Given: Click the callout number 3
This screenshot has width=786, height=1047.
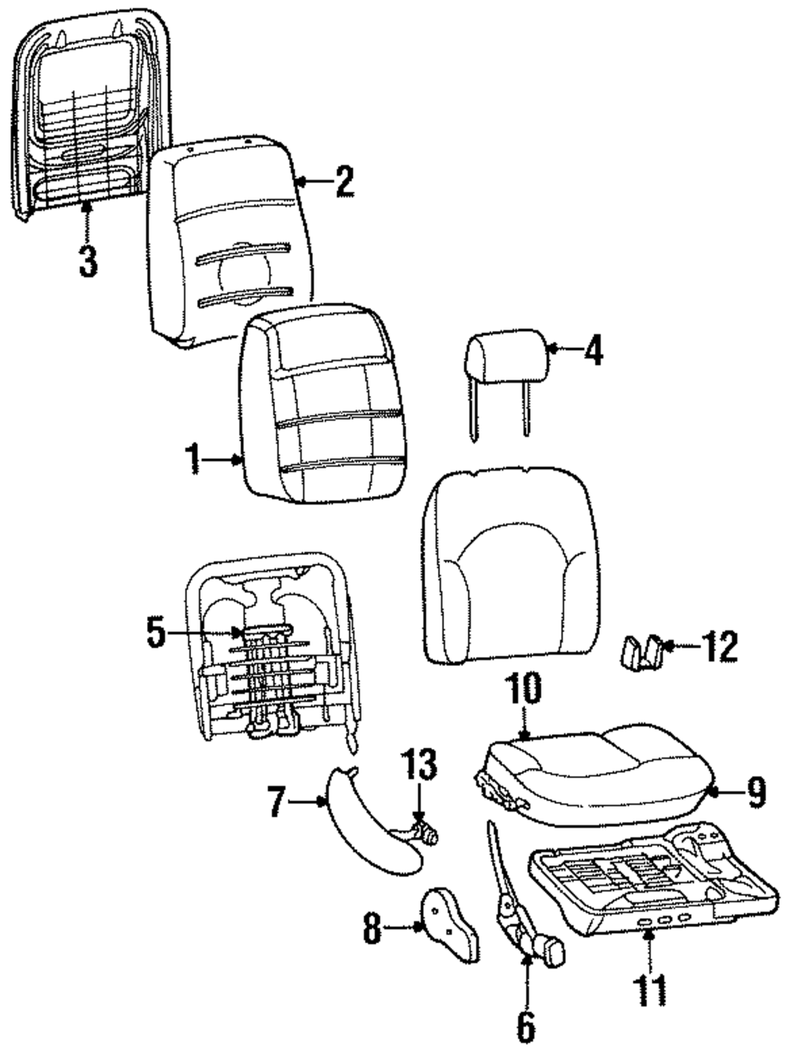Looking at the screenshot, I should [x=88, y=260].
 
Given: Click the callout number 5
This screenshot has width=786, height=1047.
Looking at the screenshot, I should [x=156, y=633].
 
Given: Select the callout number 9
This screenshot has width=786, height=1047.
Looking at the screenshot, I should [x=755, y=793].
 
